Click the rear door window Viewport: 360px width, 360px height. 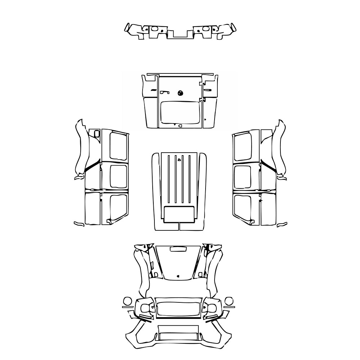point(180,112)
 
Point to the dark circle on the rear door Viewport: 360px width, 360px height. point(180,93)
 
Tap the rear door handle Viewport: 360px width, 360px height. point(165,93)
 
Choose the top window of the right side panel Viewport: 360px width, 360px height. point(242,147)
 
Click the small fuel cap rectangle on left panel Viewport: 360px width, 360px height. point(96,134)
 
